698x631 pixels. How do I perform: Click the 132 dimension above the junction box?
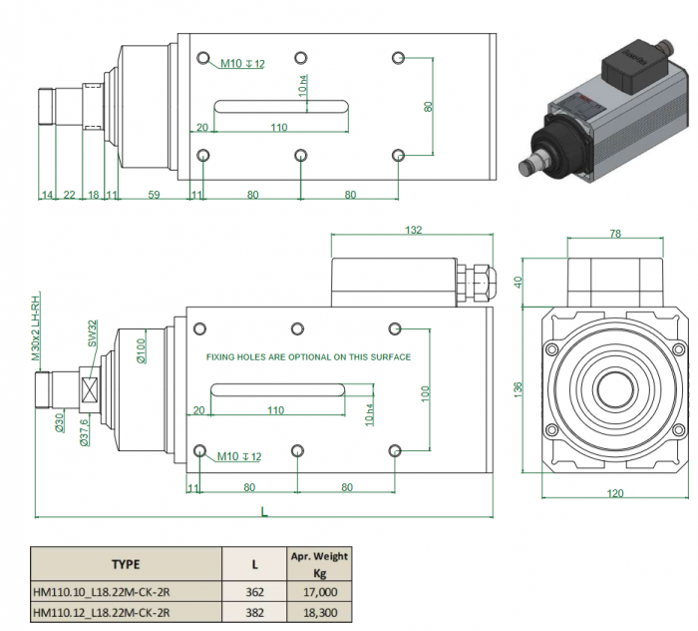(x=412, y=230)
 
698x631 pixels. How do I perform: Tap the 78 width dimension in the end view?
(x=615, y=233)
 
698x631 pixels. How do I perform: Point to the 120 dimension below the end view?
(x=615, y=492)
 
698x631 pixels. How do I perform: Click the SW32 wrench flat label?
(x=91, y=332)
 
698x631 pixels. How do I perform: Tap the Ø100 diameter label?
(x=142, y=349)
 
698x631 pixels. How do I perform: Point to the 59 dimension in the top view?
(x=154, y=195)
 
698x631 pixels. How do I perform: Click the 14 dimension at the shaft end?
(x=46, y=195)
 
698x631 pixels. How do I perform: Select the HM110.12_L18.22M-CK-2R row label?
(x=102, y=612)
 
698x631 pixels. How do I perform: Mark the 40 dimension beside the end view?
(x=519, y=281)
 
